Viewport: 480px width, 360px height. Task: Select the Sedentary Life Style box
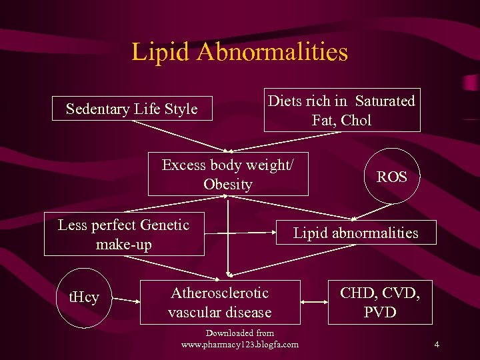[132, 109]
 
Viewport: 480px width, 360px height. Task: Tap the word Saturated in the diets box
[385, 101]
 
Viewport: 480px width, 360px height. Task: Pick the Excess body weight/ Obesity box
[228, 175]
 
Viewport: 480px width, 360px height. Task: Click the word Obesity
[228, 185]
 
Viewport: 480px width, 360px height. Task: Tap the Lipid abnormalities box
[355, 233]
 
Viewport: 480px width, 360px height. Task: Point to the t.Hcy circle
[84, 297]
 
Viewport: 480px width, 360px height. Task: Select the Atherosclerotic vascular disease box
[220, 302]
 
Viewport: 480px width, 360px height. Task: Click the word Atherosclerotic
[220, 293]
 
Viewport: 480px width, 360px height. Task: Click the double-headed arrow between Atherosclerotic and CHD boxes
[314, 303]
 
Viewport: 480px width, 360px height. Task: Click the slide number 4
[436, 345]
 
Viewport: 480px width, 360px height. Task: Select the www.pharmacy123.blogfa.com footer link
[240, 345]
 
